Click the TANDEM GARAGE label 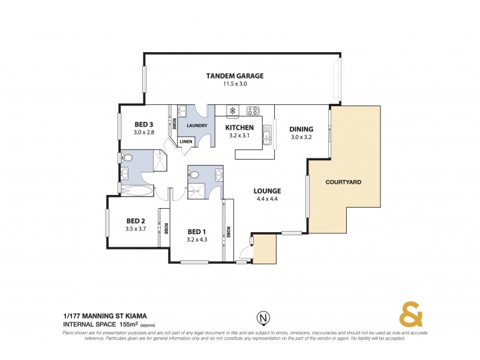pos(235,76)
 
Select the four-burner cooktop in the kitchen pos(253,110)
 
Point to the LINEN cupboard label pos(186,141)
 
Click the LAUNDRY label pos(197,125)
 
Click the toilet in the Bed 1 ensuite pos(194,175)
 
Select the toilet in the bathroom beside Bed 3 pos(127,158)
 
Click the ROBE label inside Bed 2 pos(165,228)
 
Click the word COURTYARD pos(343,182)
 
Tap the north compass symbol pos(262,317)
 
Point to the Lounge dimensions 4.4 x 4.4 pos(268,199)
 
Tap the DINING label pos(301,129)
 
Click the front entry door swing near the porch pos(245,254)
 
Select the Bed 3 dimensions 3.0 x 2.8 pos(144,133)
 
